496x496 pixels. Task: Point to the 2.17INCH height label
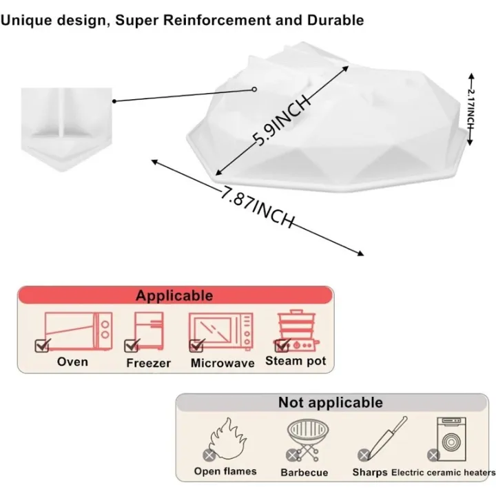point(471,109)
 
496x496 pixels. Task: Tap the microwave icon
point(221,331)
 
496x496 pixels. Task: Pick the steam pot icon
point(297,331)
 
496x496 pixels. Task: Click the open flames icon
point(228,439)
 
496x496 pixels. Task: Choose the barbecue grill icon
point(307,440)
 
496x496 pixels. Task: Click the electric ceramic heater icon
point(451,439)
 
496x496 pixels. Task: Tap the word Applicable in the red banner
point(174,296)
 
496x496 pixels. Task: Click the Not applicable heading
point(331,403)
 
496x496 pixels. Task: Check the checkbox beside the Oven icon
point(42,345)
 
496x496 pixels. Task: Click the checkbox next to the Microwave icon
point(196,345)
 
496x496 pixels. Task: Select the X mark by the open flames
point(209,455)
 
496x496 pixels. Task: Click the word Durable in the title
point(335,20)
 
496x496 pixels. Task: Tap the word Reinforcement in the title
point(217,20)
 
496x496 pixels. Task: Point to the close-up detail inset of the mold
point(66,130)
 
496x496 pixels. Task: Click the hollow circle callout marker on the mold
point(254,90)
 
